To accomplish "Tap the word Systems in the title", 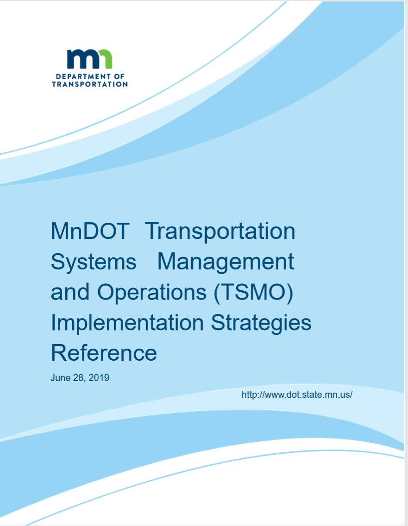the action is [x=94, y=262].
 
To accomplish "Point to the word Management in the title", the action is [x=226, y=262].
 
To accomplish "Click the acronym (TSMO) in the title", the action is [x=253, y=292].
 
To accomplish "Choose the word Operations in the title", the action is [x=151, y=292].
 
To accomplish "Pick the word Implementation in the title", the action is [x=127, y=323].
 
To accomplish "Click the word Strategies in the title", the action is [x=261, y=323].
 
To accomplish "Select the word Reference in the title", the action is [x=104, y=353].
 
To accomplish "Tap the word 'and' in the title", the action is [x=70, y=292].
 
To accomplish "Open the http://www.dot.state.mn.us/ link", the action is [x=297, y=394].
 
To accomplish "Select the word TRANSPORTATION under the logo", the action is [x=90, y=84].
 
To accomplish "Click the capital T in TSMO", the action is [x=227, y=292].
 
